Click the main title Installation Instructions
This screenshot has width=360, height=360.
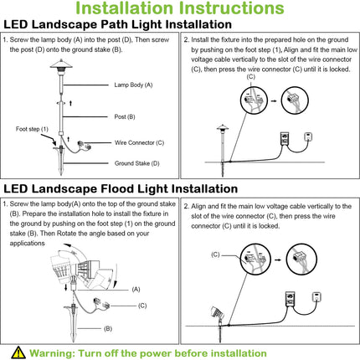(x=180, y=9)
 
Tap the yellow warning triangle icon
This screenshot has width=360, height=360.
(x=18, y=352)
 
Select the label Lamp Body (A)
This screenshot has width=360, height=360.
(x=133, y=85)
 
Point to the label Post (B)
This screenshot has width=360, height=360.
(x=130, y=116)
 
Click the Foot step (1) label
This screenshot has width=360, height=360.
(x=33, y=129)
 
